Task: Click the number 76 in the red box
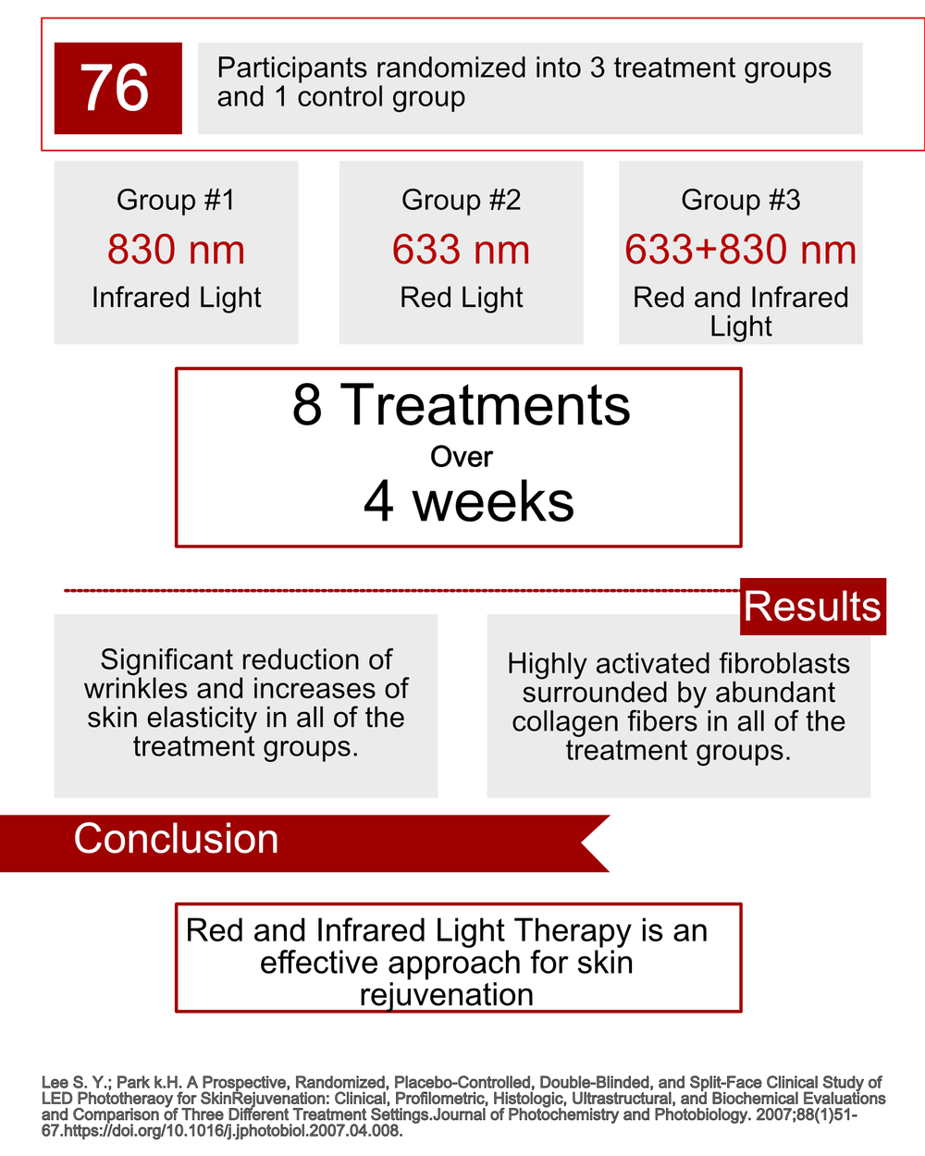pos(115,88)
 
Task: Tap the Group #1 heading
pos(176,200)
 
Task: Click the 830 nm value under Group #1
pos(176,250)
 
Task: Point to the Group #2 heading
pos(461,200)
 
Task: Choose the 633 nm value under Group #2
pos(461,250)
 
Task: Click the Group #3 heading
pos(740,200)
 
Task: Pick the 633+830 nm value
pos(740,250)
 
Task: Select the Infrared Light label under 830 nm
pos(176,298)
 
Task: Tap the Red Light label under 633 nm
pos(461,298)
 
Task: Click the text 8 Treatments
pos(461,405)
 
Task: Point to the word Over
pos(461,457)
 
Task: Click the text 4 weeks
pos(468,502)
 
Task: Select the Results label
pos(812,607)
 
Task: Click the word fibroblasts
pos(783,664)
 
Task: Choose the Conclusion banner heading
pos(176,839)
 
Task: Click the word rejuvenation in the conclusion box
pos(446,995)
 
